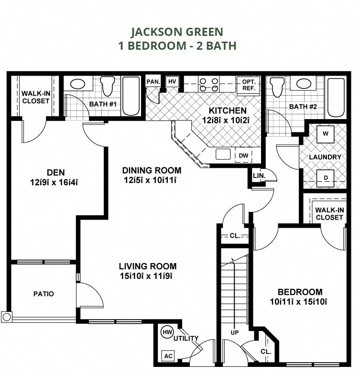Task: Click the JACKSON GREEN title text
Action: pos(177,32)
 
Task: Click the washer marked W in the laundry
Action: pos(326,134)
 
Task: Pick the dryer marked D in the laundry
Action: pos(326,178)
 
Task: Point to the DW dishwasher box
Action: pos(243,155)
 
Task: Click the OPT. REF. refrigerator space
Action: pos(248,85)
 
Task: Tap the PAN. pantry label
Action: pos(153,82)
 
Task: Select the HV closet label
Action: pos(172,82)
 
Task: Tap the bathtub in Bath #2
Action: pos(336,98)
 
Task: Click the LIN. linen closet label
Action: pos(259,177)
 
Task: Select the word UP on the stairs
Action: pos(234,332)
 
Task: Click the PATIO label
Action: pos(44,294)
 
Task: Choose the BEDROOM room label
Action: pos(300,292)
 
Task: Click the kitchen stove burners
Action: pos(209,85)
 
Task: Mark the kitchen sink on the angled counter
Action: pos(223,154)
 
